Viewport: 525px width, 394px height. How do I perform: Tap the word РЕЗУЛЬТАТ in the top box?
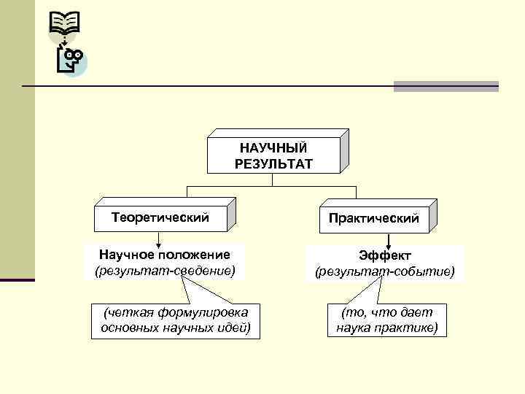pyautogui.click(x=273, y=163)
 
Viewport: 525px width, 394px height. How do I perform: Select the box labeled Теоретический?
pyautogui.click(x=160, y=217)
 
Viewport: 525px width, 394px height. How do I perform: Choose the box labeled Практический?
pyautogui.click(x=373, y=218)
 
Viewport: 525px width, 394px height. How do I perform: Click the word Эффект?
pyautogui.click(x=384, y=255)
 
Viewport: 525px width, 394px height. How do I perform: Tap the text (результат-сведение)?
pyautogui.click(x=165, y=271)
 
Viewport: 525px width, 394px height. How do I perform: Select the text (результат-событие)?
pyautogui.click(x=384, y=272)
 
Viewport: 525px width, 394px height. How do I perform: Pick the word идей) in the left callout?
pyautogui.click(x=233, y=328)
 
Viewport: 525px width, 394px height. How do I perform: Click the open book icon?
pyautogui.click(x=64, y=24)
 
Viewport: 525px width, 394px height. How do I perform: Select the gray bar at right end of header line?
pyautogui.click(x=446, y=86)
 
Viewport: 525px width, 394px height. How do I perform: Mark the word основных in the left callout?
pyautogui.click(x=126, y=328)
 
